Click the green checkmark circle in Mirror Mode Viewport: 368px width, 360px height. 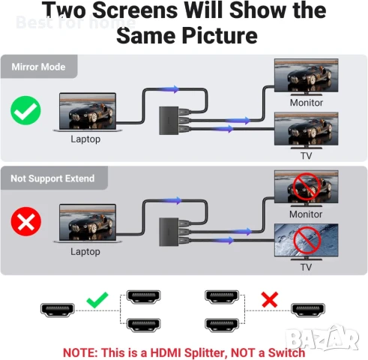click(26, 111)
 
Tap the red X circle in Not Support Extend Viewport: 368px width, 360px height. click(26, 223)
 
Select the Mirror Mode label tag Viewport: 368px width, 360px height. click(39, 67)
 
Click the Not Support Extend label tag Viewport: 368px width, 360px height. click(52, 179)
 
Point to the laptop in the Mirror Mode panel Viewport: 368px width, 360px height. click(85, 112)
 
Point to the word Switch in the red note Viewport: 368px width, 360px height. click(287, 352)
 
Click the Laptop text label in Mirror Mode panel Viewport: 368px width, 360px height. click(85, 139)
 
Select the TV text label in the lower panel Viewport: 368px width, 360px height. click(306, 267)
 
